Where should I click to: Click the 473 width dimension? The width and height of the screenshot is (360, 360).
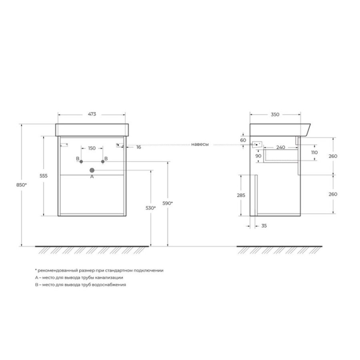[x=92, y=114]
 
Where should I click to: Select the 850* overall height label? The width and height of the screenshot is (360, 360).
[x=22, y=185]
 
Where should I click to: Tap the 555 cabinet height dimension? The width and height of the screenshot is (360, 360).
[x=44, y=176]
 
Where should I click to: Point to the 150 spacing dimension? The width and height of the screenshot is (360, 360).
[x=92, y=148]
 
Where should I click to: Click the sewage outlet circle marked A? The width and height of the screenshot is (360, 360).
[x=92, y=170]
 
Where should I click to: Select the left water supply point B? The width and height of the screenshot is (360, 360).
[x=81, y=162]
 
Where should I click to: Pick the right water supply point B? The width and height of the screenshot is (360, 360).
[x=103, y=162]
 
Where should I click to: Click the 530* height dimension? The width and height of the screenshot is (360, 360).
[x=151, y=208]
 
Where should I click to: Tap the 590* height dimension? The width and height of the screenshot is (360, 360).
[x=168, y=203]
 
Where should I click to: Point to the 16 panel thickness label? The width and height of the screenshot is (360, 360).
[x=139, y=147]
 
